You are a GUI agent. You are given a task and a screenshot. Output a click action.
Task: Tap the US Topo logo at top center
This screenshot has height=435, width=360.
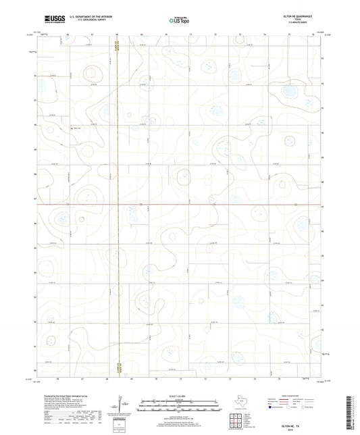[175, 21]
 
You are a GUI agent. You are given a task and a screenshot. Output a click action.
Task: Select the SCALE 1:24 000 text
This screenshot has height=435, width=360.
[174, 396]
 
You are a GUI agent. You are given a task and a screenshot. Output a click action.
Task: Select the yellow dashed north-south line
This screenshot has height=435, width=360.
[118, 203]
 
